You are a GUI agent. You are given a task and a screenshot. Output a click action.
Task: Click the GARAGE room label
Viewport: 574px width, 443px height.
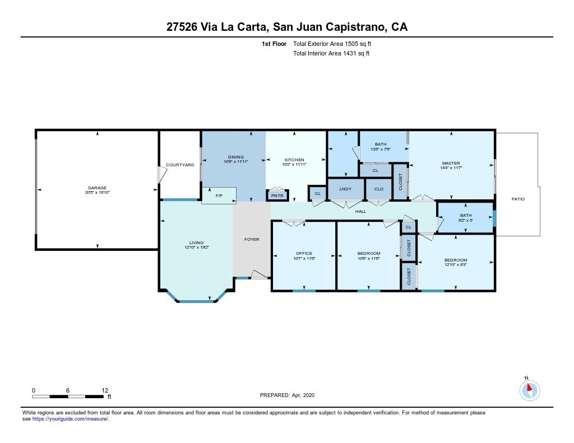coord(97,188)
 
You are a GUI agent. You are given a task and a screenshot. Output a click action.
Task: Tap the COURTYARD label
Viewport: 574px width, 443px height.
coord(180,165)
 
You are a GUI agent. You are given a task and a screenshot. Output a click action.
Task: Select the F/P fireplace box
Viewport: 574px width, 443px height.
coord(219,195)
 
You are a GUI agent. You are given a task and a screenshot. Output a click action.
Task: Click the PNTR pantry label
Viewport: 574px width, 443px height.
coord(277,195)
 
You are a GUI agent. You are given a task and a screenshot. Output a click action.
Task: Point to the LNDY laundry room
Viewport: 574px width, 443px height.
coord(345,189)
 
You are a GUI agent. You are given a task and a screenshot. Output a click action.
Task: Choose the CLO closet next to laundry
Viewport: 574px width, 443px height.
coord(379,189)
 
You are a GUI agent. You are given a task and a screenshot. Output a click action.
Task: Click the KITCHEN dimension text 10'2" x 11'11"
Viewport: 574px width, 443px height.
coord(294,165)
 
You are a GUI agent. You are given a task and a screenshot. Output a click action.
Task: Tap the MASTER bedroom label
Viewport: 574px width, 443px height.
coord(451,163)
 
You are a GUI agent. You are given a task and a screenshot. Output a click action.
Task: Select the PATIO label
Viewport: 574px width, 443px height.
coord(518,199)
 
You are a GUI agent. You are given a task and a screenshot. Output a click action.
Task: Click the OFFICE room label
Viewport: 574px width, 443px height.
coord(304,253)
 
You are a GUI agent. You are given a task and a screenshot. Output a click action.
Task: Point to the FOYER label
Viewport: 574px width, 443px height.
coord(252,239)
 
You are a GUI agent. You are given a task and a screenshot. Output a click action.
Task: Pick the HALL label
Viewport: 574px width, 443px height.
coord(360,212)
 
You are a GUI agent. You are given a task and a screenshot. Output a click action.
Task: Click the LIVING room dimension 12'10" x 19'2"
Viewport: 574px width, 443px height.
coord(197,248)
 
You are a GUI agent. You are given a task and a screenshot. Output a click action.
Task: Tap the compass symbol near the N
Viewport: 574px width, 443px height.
coord(529,390)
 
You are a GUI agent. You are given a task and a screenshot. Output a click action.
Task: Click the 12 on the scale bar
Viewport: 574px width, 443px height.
coord(105,390)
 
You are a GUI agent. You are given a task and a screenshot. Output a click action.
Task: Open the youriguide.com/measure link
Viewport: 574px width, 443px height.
coord(70,419)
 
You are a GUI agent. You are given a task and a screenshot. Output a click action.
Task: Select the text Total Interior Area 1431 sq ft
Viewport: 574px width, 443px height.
coord(331,53)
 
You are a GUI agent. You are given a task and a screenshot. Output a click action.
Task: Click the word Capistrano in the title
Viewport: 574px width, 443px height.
coord(355,27)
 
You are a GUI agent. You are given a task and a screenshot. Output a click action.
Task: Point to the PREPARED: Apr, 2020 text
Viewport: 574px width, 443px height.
coord(287,395)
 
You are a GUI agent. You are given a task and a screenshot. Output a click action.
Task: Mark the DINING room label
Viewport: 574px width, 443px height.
coord(236,157)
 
